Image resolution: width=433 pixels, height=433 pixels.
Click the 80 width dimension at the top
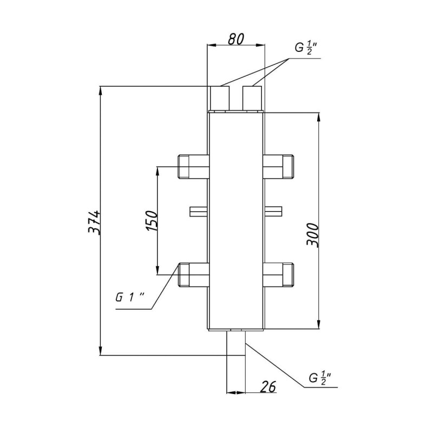(237, 38)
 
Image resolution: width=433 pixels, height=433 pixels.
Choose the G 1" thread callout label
(130, 298)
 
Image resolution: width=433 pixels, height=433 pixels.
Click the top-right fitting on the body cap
(252, 99)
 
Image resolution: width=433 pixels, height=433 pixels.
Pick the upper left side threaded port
(193, 167)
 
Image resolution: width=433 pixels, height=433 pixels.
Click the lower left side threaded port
(193, 274)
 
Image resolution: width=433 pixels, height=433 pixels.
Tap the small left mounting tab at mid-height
(198, 211)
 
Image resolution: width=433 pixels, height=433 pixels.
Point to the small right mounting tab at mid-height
(273, 211)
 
